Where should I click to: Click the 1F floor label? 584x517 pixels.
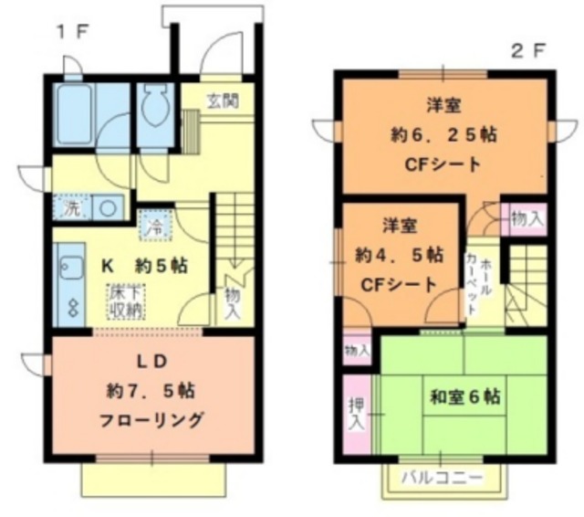coord(73,33)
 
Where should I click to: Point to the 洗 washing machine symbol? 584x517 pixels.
coord(71,207)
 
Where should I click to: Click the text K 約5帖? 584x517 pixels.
coord(144,267)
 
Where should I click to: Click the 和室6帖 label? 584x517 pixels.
coord(464,397)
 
